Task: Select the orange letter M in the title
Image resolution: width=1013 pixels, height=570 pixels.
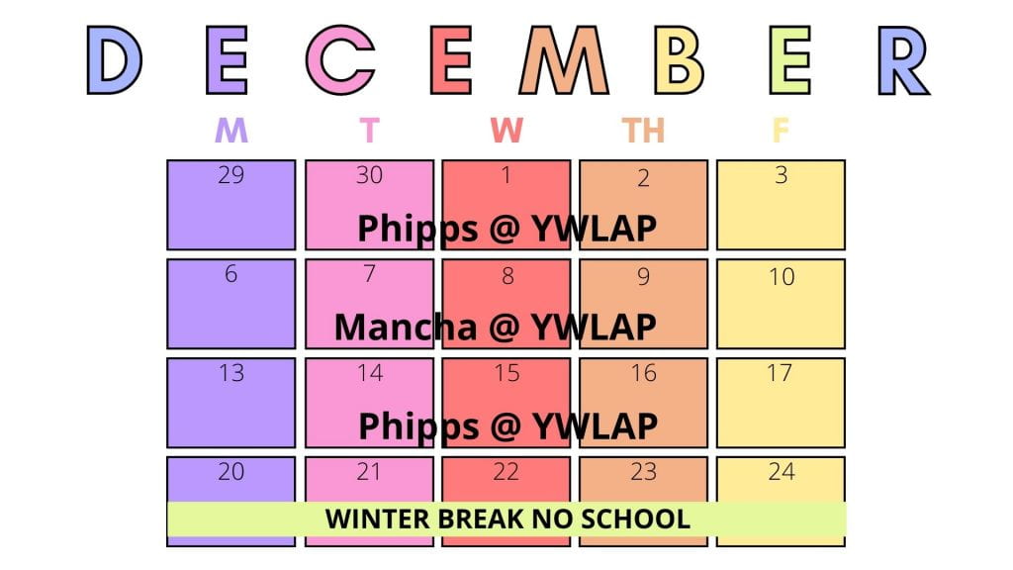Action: click(x=563, y=60)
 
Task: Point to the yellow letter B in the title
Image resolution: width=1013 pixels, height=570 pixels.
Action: click(x=679, y=60)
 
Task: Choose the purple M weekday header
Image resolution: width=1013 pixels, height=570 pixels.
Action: click(x=231, y=130)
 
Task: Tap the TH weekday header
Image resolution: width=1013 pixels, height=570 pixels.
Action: click(x=643, y=130)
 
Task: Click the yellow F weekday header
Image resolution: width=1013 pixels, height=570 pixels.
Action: click(x=780, y=130)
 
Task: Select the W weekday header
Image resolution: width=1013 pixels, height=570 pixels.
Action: click(x=506, y=130)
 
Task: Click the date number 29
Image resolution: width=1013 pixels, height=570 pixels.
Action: click(x=231, y=175)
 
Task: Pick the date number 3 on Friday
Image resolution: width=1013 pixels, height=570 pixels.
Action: click(x=782, y=175)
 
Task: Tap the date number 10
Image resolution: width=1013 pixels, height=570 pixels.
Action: click(x=782, y=277)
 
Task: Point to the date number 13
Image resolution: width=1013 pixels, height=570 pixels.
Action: click(x=231, y=373)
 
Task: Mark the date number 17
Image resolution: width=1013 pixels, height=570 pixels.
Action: click(x=780, y=373)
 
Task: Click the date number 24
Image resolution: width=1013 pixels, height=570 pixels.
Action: click(x=782, y=472)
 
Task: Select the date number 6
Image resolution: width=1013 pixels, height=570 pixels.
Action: click(x=230, y=274)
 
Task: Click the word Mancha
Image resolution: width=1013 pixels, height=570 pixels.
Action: click(x=405, y=327)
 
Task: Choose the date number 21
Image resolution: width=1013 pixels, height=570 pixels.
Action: click(x=369, y=472)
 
